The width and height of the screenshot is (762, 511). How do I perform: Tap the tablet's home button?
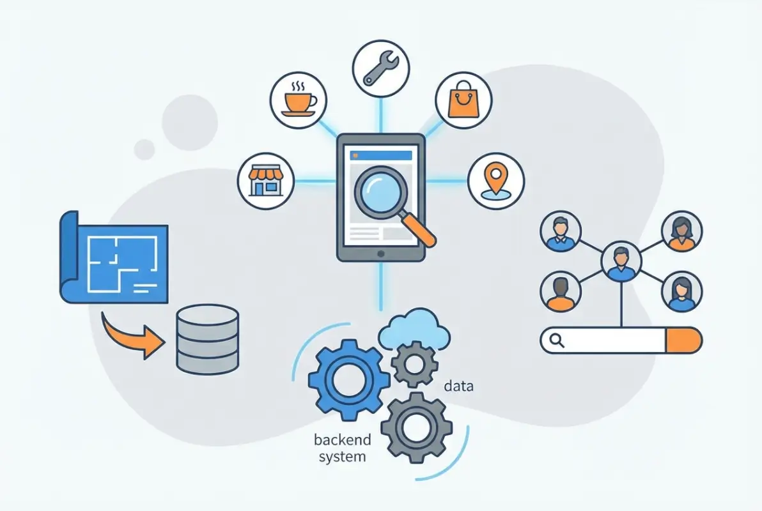click(x=381, y=254)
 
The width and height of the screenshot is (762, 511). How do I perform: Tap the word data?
click(x=458, y=386)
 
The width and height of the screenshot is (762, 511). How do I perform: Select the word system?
click(x=342, y=457)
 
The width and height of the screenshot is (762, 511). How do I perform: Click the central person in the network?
click(x=621, y=262)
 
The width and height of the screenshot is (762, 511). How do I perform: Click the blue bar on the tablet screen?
click(x=380, y=155)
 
